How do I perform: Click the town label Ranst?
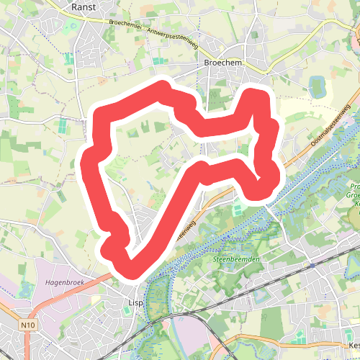[84, 6]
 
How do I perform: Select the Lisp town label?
[135, 303]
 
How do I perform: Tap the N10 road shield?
[28, 326]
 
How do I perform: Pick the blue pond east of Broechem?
[318, 87]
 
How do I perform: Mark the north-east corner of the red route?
[257, 94]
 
